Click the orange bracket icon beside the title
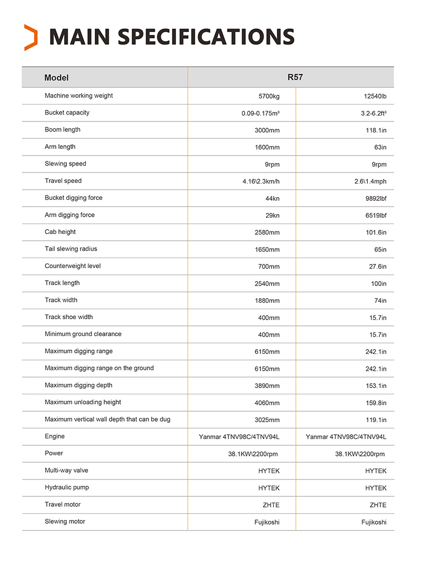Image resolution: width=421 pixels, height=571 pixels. click(31, 37)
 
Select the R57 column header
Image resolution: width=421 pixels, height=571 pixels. click(295, 77)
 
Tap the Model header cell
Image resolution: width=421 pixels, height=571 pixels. click(57, 78)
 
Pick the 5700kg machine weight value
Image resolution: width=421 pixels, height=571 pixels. click(269, 96)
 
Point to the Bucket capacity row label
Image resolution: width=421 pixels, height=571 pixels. click(67, 113)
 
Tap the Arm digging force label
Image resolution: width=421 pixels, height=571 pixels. click(69, 215)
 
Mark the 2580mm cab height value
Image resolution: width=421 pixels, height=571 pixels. click(267, 232)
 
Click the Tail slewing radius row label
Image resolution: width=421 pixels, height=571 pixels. click(71, 249)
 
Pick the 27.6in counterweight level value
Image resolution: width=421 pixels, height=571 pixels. click(376, 267)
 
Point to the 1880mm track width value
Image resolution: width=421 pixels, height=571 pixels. click(267, 301)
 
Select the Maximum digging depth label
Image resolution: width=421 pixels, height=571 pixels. click(79, 385)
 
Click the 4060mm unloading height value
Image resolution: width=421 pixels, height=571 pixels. click(267, 403)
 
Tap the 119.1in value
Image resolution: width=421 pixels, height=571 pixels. click(376, 420)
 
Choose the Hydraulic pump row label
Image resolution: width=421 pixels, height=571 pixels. click(67, 487)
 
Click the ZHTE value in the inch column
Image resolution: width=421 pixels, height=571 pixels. click(378, 505)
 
